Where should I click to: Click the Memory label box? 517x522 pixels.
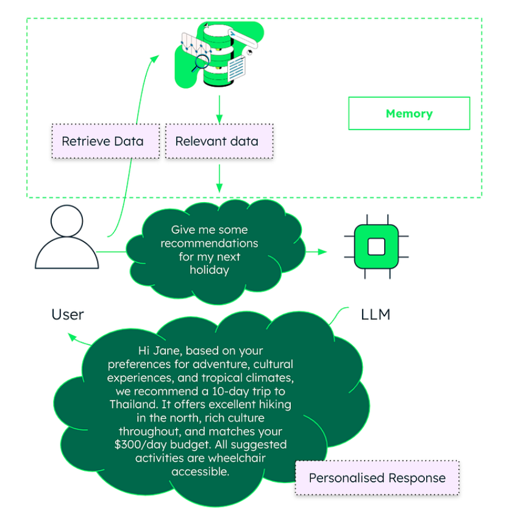coord(409,114)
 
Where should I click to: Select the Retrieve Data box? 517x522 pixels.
coord(103,141)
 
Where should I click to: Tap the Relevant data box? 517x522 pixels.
coord(216,141)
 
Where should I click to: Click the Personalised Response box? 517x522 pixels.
coord(377,478)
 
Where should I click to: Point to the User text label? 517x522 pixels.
coord(68,314)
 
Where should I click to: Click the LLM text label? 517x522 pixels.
coord(376,314)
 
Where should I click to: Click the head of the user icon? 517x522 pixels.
coord(67,221)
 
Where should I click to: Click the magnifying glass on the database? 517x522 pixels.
coord(198,63)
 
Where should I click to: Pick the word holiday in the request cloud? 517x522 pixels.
coord(209,270)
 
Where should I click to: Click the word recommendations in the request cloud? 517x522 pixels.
coord(209,243)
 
